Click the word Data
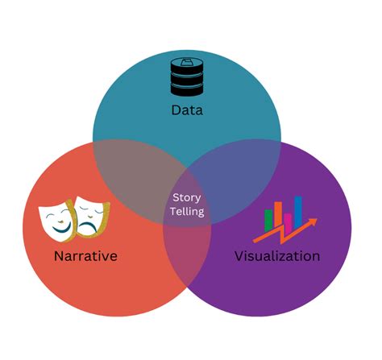187,110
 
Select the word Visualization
276,256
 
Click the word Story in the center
187,198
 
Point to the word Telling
187,212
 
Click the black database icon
186,77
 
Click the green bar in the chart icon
269,220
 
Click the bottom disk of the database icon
186,89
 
